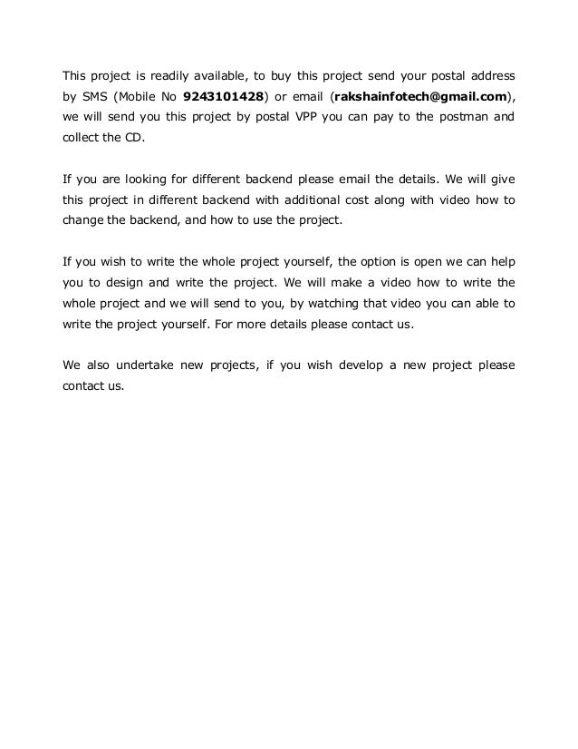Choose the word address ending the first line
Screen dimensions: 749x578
tap(490, 72)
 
